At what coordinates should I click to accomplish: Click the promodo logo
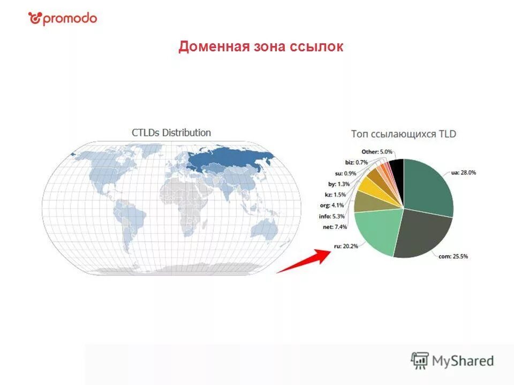click(63, 19)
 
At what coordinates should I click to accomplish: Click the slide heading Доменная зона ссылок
click(261, 47)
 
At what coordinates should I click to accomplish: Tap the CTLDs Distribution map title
click(171, 133)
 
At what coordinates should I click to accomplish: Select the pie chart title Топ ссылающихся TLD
click(404, 134)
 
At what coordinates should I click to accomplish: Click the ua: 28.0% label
click(464, 173)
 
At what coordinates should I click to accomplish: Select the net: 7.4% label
click(335, 227)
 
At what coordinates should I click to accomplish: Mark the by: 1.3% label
click(338, 184)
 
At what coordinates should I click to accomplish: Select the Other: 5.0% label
click(377, 152)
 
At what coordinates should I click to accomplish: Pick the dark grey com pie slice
click(423, 233)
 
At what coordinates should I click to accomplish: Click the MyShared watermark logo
click(452, 361)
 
